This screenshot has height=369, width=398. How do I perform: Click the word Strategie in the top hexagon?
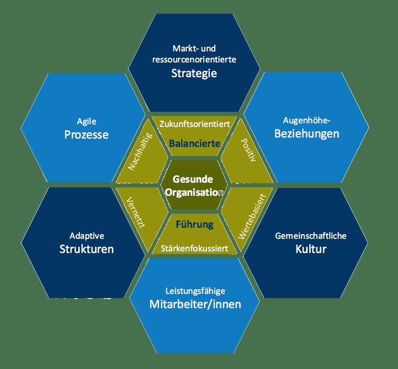point(194,73)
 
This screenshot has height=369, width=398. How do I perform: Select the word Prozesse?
point(86,134)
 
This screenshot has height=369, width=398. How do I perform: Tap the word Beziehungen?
point(307,134)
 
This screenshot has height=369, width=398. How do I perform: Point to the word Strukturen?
point(87,249)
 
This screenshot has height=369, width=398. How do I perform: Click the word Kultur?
point(311,249)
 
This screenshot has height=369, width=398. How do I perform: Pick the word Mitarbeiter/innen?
point(195,304)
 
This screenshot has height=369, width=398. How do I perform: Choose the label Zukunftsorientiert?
point(194,124)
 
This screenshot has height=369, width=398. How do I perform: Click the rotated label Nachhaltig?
point(140,151)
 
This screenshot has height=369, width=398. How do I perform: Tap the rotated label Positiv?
point(248,150)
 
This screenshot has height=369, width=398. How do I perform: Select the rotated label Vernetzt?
point(136,212)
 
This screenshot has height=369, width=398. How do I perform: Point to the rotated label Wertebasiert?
point(252,216)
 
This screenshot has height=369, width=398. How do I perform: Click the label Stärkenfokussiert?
point(194,248)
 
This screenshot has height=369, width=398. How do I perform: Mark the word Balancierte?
point(195,143)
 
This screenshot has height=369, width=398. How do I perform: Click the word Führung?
point(195,224)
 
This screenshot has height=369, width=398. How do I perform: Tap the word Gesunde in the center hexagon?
point(193,179)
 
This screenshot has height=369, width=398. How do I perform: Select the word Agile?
point(87,122)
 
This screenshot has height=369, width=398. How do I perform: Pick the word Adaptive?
point(87,236)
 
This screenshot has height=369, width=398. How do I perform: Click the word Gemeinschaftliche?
point(311,236)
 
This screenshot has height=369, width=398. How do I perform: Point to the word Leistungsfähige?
point(195,291)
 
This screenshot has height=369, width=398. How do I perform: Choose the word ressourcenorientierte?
point(194,60)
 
